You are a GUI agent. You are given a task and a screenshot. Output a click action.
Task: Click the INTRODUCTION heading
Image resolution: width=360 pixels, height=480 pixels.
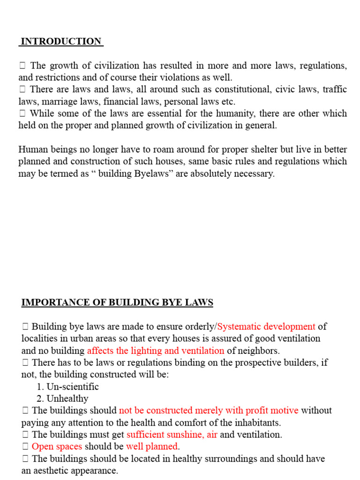[61, 41]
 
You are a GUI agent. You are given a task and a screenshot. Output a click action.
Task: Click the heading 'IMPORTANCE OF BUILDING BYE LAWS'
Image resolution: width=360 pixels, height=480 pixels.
[117, 303]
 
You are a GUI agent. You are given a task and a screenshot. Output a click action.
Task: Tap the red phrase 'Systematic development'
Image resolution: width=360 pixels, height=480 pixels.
[266, 327]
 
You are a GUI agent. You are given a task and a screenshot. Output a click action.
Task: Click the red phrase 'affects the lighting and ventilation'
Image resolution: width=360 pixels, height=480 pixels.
[156, 351]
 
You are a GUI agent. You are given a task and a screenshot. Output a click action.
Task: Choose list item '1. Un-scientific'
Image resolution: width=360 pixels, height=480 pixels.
[67, 387]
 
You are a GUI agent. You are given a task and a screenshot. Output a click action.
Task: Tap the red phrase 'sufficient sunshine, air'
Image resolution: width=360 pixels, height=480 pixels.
[172, 435]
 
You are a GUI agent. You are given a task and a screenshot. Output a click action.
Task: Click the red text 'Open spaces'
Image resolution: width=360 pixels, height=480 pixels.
[57, 446]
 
